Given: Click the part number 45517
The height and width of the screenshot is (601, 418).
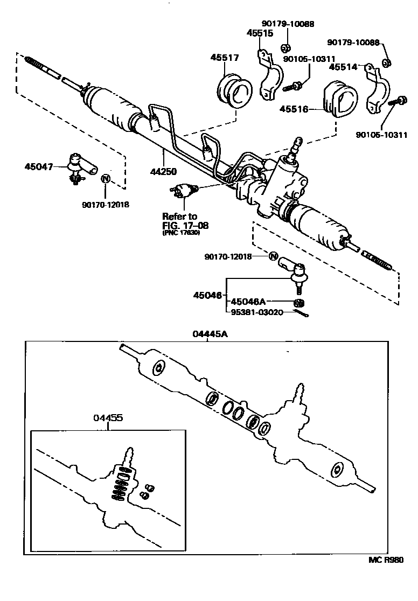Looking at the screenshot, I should coord(225,58).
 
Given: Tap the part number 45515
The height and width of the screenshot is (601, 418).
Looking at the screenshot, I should coord(260,33).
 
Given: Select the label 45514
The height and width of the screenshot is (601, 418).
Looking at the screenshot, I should coord(343,67).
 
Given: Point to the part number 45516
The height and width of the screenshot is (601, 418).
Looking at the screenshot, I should coord(294,109).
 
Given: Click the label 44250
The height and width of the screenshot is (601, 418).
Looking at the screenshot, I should coord(164,156).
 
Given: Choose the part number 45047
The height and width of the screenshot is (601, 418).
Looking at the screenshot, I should coord(39,166).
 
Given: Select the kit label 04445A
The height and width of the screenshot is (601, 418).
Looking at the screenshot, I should coord(210,334).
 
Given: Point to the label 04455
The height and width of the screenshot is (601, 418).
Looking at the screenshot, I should coord(108,418).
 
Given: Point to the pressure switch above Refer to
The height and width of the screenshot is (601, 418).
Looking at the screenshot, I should coord(184,190).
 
